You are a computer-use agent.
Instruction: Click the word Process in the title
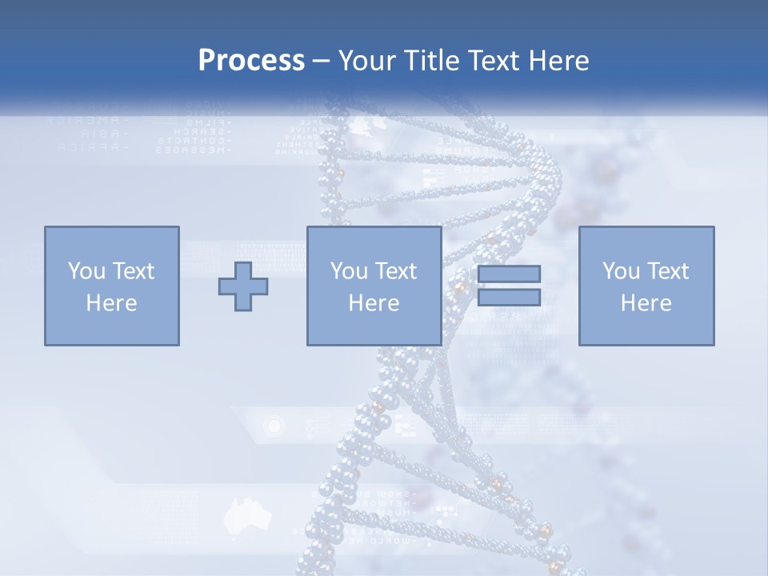[251, 61]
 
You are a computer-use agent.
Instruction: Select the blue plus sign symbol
[243, 286]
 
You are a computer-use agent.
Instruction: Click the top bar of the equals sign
[509, 274]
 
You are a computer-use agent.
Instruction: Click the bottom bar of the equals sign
[509, 298]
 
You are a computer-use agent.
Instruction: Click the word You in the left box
[86, 271]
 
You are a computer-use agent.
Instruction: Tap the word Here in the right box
[646, 303]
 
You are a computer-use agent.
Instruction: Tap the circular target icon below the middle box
[274, 426]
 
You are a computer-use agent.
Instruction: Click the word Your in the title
[366, 61]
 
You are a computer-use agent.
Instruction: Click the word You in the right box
[621, 271]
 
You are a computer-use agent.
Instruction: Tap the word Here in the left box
[111, 303]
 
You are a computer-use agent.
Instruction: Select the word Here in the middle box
[374, 303]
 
